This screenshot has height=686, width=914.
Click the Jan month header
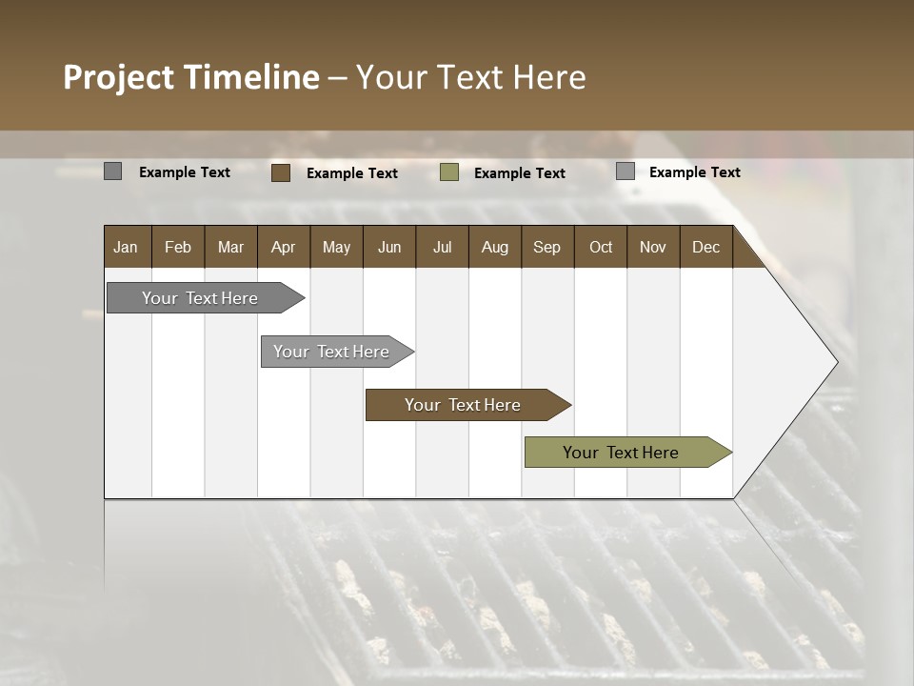pyautogui.click(x=126, y=247)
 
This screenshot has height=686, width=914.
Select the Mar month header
pyautogui.click(x=230, y=247)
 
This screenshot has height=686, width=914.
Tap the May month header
pyautogui.click(x=336, y=247)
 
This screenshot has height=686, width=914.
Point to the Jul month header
pyautogui.click(x=442, y=247)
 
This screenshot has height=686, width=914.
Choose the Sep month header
pyautogui.click(x=546, y=247)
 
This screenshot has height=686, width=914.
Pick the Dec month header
pyautogui.click(x=705, y=247)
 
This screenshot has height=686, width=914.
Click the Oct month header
pyautogui.click(x=601, y=247)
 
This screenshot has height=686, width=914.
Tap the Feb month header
pyautogui.click(x=178, y=247)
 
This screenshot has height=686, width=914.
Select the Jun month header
pyautogui.click(x=389, y=247)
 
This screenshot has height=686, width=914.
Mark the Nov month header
pyautogui.click(x=653, y=247)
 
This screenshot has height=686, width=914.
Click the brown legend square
pyautogui.click(x=281, y=172)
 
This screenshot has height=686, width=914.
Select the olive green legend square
pyautogui.click(x=449, y=172)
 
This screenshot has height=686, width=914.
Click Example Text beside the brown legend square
pyautogui.click(x=352, y=173)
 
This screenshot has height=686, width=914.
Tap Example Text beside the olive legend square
pyautogui.click(x=520, y=173)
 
